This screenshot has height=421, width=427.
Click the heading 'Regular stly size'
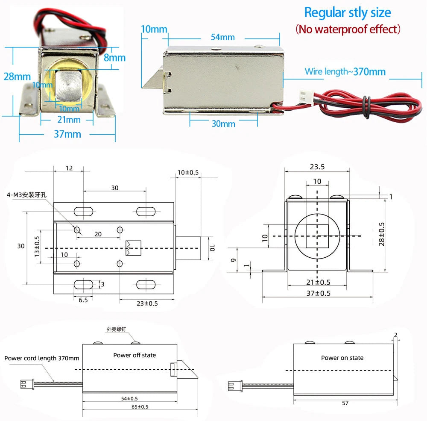(x=347, y=12)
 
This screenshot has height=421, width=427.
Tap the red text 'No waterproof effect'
(x=348, y=29)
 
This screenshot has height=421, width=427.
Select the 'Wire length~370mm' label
(x=345, y=71)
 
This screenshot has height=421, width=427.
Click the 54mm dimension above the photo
(x=223, y=37)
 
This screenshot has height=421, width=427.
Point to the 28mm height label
(x=18, y=77)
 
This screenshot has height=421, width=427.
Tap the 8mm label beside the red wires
(x=115, y=57)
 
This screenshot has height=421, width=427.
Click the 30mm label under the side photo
(x=223, y=124)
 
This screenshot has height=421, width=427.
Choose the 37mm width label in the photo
(x=67, y=134)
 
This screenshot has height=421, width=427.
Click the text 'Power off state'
(x=135, y=355)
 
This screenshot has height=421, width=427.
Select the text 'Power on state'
(x=342, y=358)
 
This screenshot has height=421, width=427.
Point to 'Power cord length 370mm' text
(x=42, y=358)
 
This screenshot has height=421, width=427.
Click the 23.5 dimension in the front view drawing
(x=317, y=167)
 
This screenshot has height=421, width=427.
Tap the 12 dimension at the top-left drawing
(x=69, y=168)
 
